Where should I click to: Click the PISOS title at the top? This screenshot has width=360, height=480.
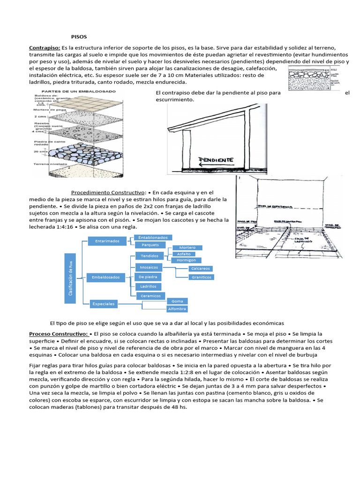click(79, 36)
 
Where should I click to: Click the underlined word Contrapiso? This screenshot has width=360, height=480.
click(45, 48)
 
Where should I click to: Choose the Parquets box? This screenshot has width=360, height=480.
click(150, 245)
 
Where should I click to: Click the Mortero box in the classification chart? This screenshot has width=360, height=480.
click(187, 247)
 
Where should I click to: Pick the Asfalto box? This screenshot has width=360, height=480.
click(184, 254)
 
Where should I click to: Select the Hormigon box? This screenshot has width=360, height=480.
click(187, 260)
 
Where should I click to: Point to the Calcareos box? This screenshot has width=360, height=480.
click(200, 269)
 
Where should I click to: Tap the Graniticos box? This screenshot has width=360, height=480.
click(202, 277)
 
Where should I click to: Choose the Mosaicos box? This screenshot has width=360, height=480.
click(149, 267)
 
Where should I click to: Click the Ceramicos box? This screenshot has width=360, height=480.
click(150, 296)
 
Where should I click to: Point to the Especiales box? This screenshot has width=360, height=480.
click(104, 304)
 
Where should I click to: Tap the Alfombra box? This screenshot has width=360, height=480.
click(177, 309)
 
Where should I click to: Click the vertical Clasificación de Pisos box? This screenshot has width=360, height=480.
click(70, 279)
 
